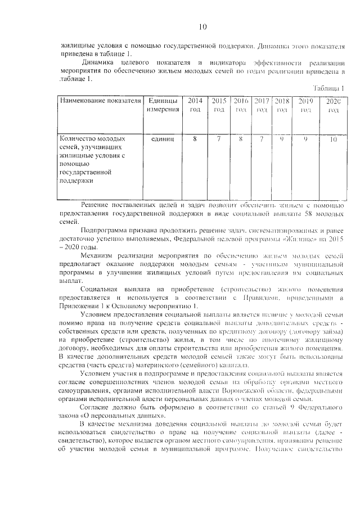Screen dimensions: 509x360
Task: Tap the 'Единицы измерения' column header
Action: click(163, 105)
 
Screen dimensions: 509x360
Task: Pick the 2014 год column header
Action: click(195, 105)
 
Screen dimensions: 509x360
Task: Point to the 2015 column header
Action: click(219, 105)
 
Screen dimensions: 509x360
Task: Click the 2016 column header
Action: click(241, 105)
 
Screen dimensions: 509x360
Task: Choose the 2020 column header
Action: click(334, 105)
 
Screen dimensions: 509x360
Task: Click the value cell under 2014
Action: click(195, 138)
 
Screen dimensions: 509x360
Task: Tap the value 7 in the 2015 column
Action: click(219, 138)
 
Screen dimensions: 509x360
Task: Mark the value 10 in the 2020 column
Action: click(334, 138)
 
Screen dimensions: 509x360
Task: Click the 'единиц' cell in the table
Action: click(163, 138)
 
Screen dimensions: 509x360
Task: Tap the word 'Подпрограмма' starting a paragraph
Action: click(106, 231)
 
